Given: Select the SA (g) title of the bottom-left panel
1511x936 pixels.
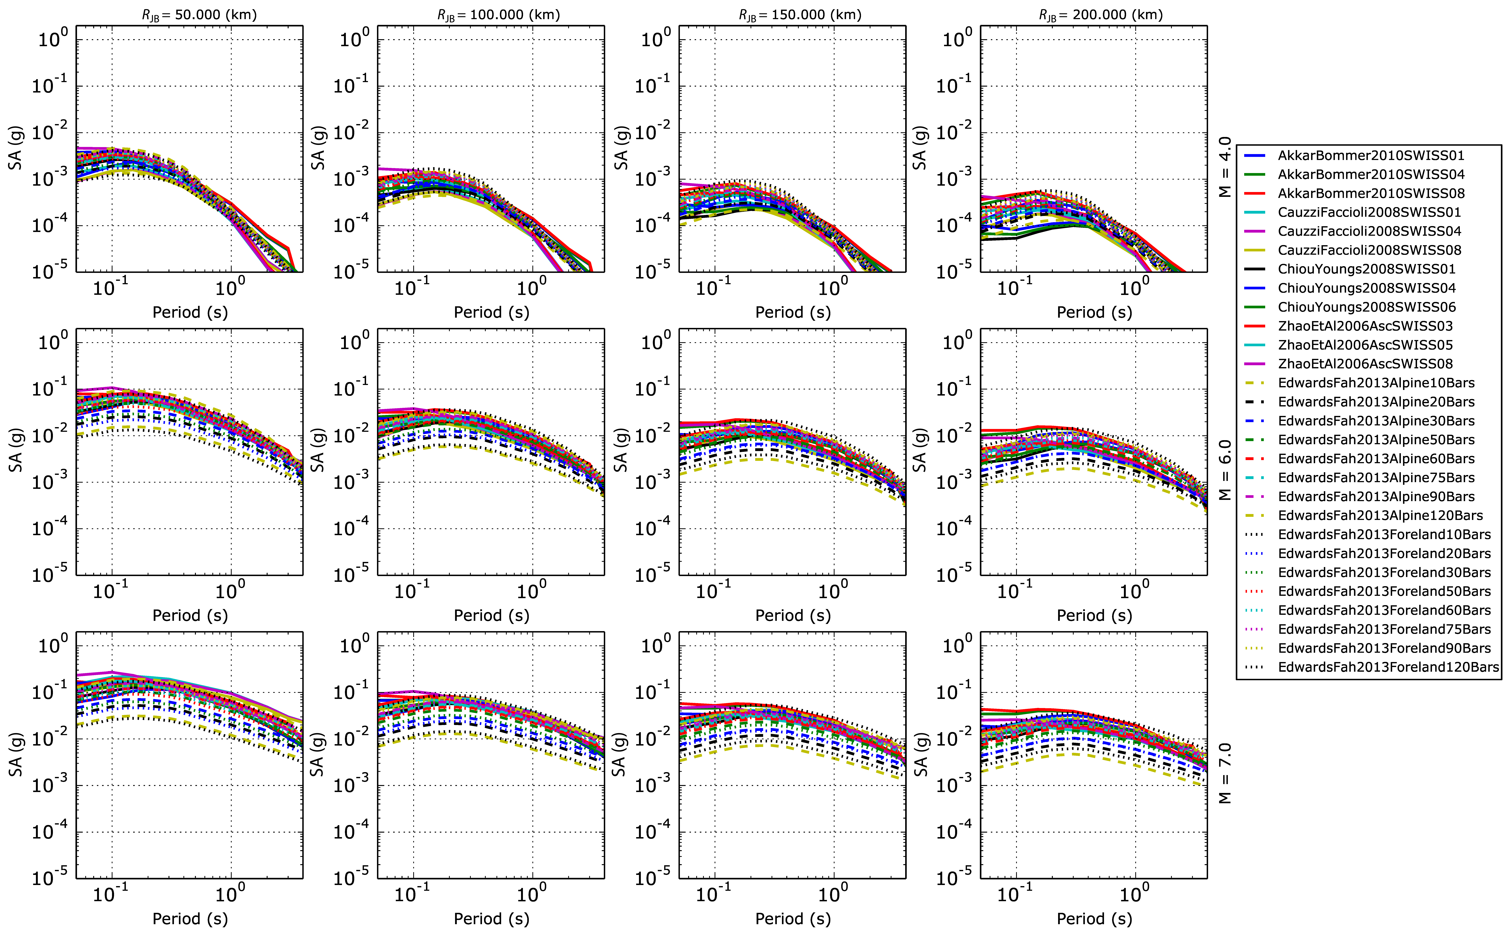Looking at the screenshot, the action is click(16, 755).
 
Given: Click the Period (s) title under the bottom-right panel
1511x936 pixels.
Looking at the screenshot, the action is click(1094, 919).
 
